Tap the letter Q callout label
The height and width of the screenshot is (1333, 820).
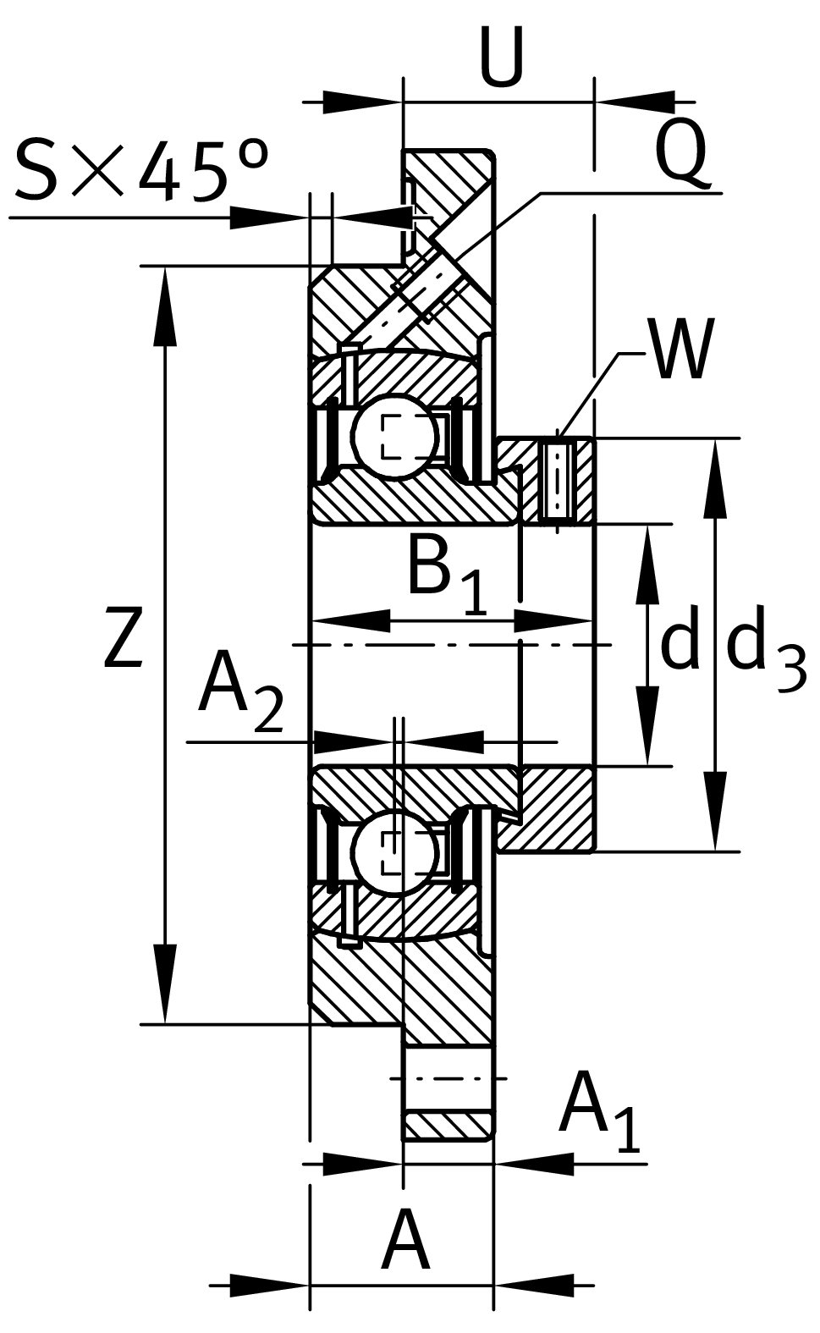click(681, 152)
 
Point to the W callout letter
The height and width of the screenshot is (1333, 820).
click(683, 350)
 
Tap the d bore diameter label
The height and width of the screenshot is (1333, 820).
click(680, 642)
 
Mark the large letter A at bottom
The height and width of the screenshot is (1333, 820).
click(405, 1242)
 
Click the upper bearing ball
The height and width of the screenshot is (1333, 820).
click(393, 438)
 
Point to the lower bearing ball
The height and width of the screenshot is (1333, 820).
click(393, 853)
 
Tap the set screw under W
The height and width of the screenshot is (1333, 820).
click(557, 480)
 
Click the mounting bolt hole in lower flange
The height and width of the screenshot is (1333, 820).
click(448, 1078)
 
